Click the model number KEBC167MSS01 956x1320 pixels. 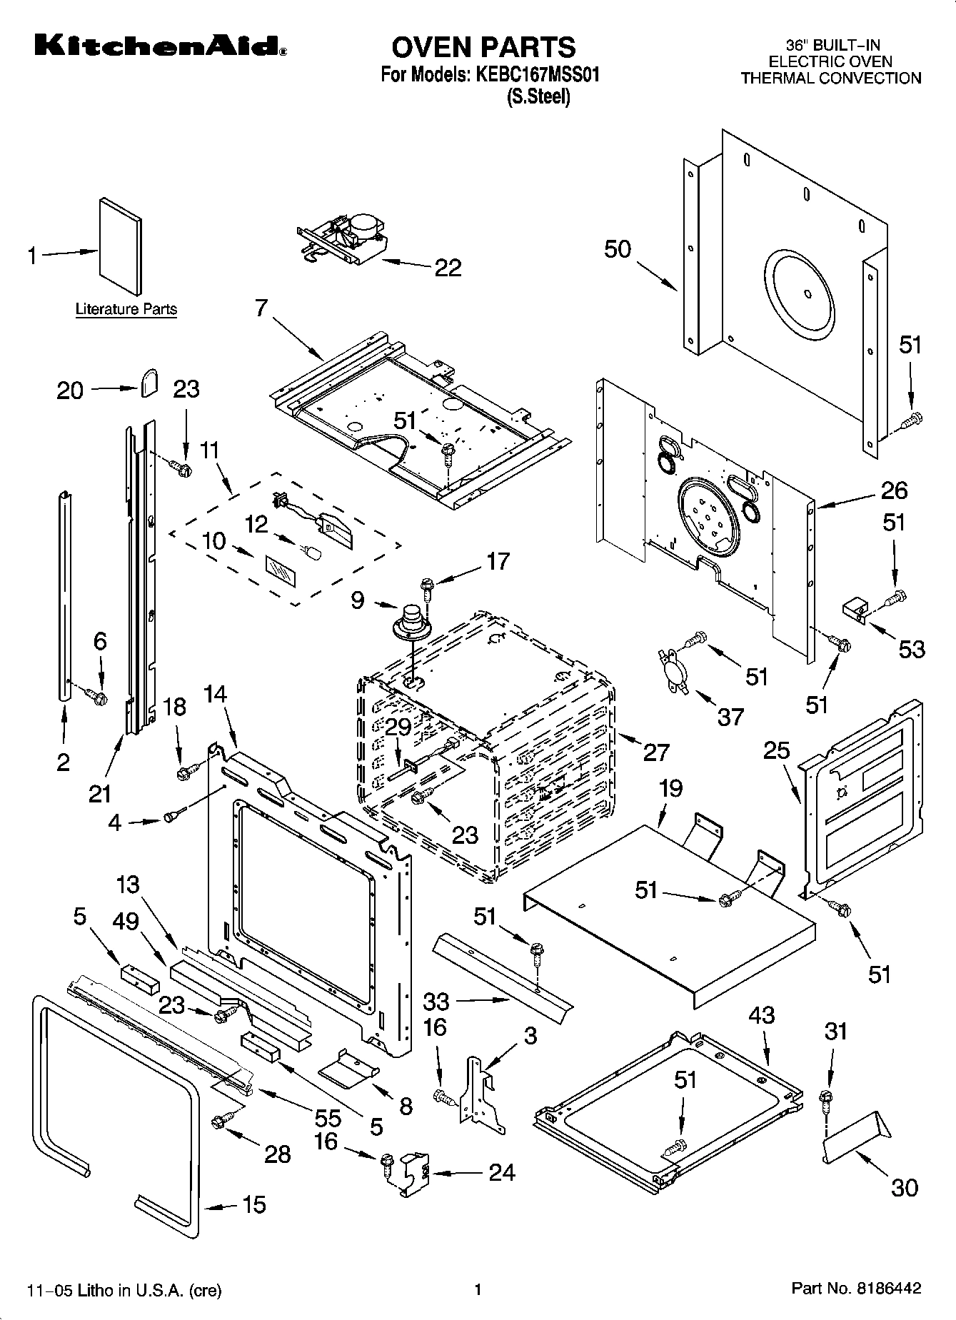533,75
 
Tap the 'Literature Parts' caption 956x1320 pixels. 126,309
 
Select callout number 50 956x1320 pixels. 618,249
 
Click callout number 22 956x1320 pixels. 448,268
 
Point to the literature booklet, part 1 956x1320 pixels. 120,246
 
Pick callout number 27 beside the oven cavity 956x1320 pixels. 656,752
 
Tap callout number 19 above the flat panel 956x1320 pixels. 670,789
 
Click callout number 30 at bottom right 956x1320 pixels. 904,1187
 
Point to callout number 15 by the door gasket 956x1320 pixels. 253,1204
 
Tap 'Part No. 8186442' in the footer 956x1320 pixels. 856,1289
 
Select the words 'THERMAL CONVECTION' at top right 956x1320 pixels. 830,79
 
